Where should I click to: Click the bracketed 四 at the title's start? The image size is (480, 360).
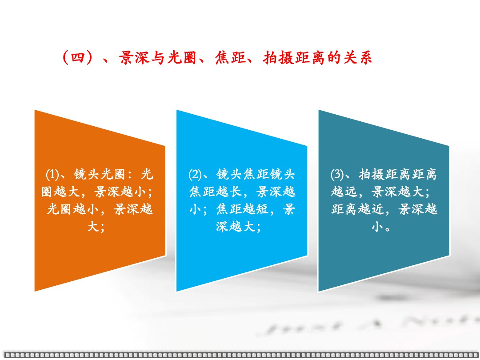click(x=78, y=57)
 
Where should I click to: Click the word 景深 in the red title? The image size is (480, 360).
click(x=134, y=57)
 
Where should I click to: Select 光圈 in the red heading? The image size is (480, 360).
click(x=182, y=57)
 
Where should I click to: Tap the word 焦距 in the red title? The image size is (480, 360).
click(x=230, y=57)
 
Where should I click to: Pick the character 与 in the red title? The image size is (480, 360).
click(x=158, y=57)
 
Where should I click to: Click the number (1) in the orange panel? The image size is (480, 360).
click(x=52, y=175)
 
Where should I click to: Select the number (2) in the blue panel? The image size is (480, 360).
click(x=195, y=175)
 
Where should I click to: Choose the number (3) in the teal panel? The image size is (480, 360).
click(x=337, y=175)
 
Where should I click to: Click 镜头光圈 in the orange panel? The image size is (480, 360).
click(x=100, y=174)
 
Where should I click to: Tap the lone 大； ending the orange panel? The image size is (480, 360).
click(x=96, y=227)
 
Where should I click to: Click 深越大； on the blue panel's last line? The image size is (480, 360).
click(x=239, y=227)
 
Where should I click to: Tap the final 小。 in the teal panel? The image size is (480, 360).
click(x=381, y=227)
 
